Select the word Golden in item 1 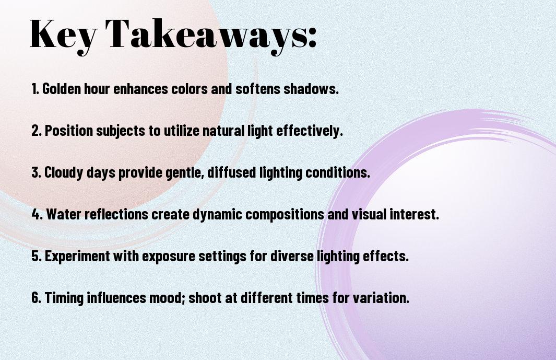click(62, 88)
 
